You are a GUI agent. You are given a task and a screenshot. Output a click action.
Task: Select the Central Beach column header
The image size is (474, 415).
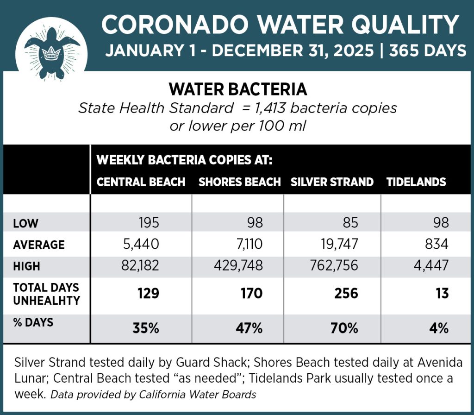click(141, 182)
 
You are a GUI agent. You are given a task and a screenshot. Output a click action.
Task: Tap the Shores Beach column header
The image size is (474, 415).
click(239, 182)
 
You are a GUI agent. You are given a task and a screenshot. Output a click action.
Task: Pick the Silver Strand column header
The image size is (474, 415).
click(332, 182)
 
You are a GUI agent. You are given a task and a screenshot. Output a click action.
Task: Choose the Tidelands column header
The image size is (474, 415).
click(416, 182)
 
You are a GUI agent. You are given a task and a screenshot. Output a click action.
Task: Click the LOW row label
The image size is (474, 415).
click(26, 224)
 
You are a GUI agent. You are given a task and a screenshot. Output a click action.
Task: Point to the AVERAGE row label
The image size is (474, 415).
click(39, 245)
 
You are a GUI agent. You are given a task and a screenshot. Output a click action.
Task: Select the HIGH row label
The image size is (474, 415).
click(27, 266)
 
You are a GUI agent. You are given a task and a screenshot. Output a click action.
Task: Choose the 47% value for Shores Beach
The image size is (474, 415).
click(250, 328)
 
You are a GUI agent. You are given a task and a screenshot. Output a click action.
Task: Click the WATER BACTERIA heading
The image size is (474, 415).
click(237, 88)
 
